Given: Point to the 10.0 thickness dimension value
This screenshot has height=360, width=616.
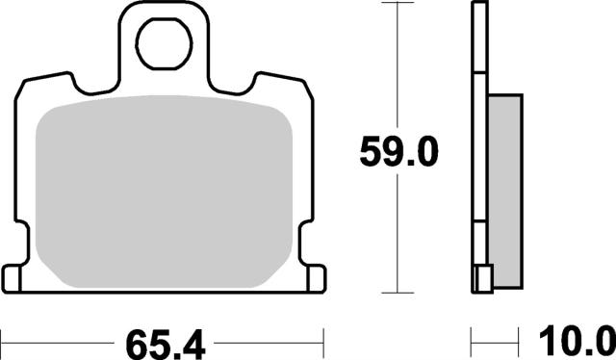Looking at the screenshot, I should tap(576, 341).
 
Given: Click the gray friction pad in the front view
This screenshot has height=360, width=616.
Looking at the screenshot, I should tap(164, 193).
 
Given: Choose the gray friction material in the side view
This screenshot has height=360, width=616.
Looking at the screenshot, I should tap(503, 183).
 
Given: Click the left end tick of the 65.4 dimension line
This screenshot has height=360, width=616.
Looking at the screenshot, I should tap(4, 341).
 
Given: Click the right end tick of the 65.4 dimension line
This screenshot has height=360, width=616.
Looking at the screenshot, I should tap(324, 341).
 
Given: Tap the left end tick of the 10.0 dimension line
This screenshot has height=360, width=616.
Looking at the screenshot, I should tap(473, 341).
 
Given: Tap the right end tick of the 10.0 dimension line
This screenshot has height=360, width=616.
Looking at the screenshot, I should tap(520, 341).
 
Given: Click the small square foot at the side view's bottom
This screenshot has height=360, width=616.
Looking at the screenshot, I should tap(483, 281).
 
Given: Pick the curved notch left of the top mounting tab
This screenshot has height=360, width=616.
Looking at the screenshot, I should tap(96, 88).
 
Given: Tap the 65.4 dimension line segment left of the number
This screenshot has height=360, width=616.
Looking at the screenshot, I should tap(58, 341).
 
